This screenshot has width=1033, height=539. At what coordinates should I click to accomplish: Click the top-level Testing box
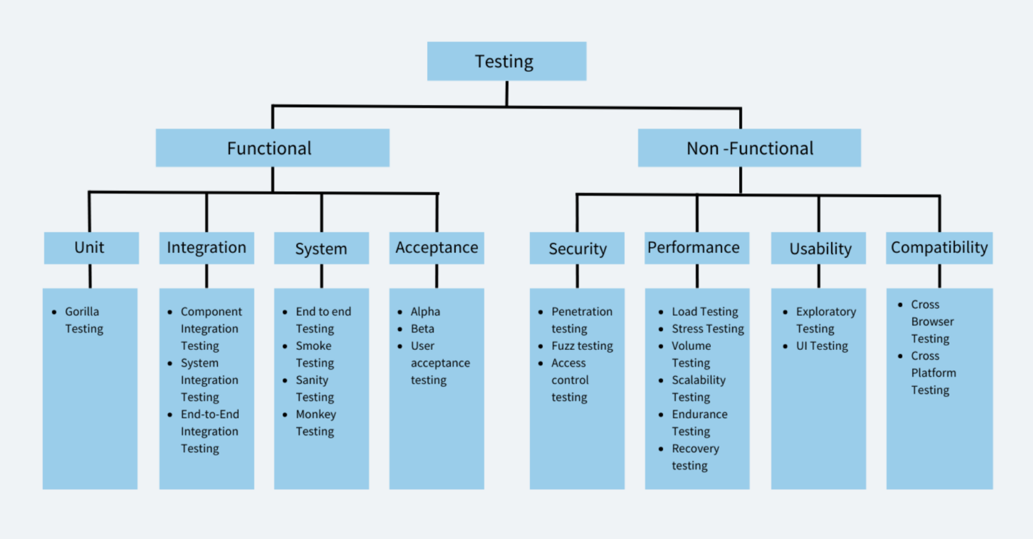506,61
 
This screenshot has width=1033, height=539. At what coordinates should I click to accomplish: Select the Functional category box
272,148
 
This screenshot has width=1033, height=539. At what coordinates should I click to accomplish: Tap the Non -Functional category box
749,148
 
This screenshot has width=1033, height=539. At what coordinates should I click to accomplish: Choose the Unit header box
91,248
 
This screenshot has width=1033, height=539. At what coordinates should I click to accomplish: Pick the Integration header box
206,248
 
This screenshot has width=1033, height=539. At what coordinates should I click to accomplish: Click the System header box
321,248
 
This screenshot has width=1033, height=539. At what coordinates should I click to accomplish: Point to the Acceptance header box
436,248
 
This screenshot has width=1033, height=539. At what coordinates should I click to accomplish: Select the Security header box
577,248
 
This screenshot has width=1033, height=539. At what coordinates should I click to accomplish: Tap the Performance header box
697,248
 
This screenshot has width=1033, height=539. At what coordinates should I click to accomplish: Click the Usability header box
818,248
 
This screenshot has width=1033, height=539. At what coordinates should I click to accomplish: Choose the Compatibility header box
939,248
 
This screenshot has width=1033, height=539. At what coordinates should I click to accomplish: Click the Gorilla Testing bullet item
83,320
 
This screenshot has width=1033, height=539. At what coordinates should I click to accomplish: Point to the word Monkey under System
316,415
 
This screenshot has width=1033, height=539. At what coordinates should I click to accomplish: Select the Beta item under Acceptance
422,329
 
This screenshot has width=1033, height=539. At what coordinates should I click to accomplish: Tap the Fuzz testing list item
582,346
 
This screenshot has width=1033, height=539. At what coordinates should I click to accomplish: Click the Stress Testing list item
707,329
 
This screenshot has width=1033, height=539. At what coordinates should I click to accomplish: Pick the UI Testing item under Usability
822,346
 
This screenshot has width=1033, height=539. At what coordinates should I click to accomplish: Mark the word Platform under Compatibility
933,373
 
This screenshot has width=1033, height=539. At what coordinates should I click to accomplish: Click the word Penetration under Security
582,312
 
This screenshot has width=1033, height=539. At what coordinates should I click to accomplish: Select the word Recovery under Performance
695,449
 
